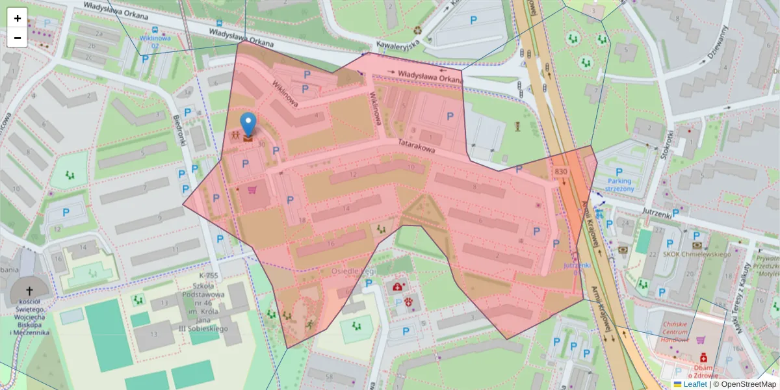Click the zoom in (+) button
point(18,18)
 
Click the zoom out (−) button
point(18,38)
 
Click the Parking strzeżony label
point(619,185)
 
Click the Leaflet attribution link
point(694,384)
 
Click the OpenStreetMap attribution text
point(745,384)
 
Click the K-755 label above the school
point(209,276)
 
